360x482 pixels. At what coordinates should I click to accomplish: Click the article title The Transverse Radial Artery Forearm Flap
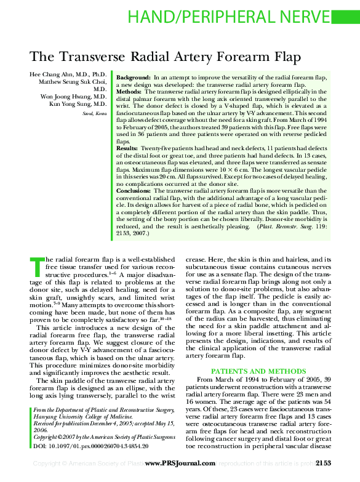pos(165,57)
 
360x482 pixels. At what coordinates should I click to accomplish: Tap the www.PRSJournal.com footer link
pos(179,462)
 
